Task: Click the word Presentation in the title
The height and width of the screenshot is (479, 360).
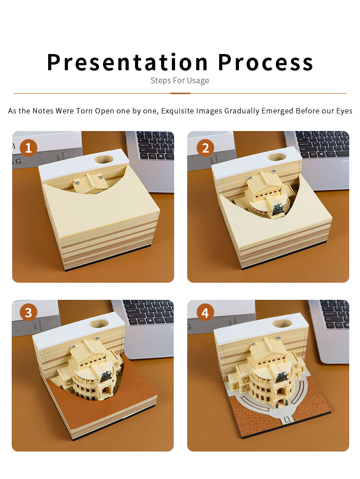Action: point(127,62)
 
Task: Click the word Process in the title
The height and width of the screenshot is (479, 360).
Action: point(265,62)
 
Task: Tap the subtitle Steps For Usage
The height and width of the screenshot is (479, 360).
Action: point(180,81)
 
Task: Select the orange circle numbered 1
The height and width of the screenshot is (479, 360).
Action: point(28,148)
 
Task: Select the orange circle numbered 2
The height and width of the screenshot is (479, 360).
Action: point(206,148)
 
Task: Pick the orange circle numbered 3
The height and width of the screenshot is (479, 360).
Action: point(28,312)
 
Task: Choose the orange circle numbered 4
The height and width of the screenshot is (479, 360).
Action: point(205,313)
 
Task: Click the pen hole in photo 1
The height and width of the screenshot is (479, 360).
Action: point(104,159)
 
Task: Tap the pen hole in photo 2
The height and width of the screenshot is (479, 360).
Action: point(277,157)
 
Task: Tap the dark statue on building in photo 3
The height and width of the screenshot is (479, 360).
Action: point(106,375)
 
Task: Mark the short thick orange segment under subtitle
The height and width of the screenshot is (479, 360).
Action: point(180,93)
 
